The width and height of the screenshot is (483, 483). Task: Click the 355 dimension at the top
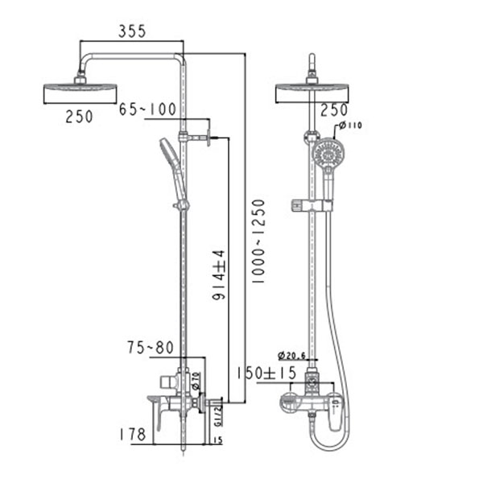coord(131,31)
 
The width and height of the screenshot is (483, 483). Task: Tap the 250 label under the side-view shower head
coord(79,116)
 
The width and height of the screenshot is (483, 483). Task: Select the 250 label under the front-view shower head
coord(334,110)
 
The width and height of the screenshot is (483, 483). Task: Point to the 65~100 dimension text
coord(148,109)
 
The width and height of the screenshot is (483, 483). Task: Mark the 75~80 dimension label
coord(149,349)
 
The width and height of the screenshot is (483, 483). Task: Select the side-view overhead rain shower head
coord(79,90)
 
